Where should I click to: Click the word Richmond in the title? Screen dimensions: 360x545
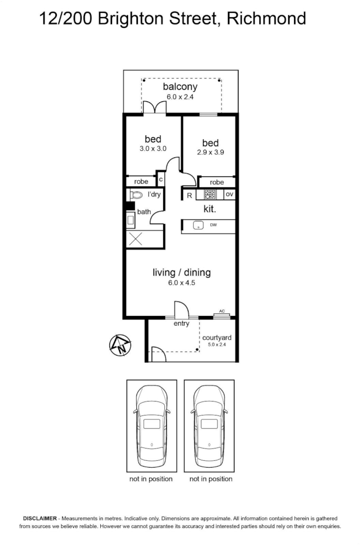[x=266, y=19]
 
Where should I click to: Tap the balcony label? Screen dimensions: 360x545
[x=180, y=87]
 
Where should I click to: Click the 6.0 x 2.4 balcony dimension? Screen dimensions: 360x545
[x=180, y=97]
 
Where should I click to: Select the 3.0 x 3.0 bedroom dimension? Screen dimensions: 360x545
[x=153, y=149]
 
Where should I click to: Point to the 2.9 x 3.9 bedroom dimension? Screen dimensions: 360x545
[x=210, y=152]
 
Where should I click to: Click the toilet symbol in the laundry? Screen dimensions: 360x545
[x=136, y=195]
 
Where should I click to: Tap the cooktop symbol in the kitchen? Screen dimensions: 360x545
[x=210, y=194]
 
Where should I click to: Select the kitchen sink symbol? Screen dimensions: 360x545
[x=198, y=225]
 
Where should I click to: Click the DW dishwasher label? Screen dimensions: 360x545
[x=213, y=225]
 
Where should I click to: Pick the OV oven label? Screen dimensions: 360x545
[x=229, y=194]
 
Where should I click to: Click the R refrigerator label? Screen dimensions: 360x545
[x=189, y=195]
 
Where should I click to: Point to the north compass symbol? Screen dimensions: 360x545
[x=120, y=345]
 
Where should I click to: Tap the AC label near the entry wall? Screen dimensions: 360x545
[x=222, y=311]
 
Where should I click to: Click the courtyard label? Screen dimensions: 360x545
[x=217, y=338]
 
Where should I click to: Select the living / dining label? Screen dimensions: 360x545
[x=182, y=272]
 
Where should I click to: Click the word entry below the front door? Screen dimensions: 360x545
[x=181, y=324]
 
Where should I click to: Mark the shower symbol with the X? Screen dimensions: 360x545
[x=136, y=239]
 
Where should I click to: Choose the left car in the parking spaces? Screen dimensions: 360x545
[x=152, y=426]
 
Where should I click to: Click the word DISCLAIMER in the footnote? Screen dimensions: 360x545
[x=40, y=518]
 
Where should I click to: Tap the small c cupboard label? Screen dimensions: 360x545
[x=161, y=180]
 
